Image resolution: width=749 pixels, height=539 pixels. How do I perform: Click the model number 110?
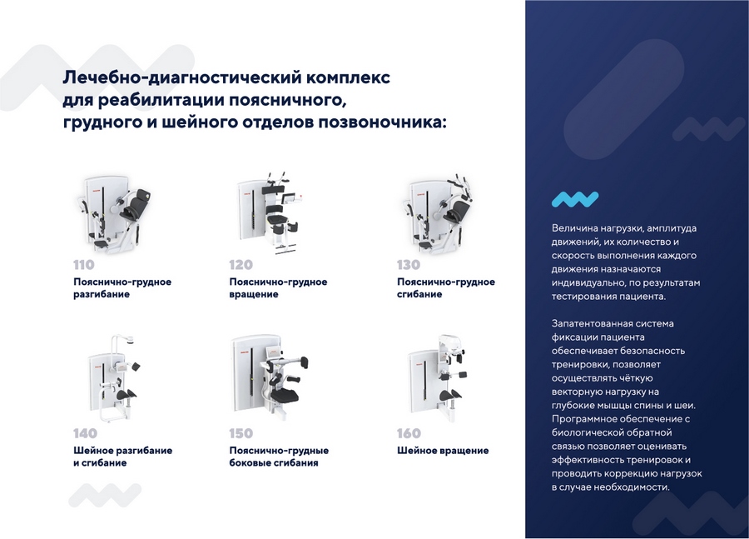[x=84, y=265]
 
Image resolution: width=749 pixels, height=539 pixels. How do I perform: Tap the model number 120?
[x=241, y=265]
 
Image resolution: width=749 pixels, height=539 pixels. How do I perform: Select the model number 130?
[x=409, y=265]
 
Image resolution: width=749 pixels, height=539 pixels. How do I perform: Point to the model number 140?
[x=85, y=433]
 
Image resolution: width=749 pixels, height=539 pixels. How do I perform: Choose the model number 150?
[x=241, y=433]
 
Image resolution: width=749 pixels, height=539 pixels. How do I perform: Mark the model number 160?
[x=409, y=433]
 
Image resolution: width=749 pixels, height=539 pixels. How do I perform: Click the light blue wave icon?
[x=575, y=198]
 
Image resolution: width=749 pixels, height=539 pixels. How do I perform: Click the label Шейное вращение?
[x=443, y=451]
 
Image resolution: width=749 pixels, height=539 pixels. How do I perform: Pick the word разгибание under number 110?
[x=102, y=295]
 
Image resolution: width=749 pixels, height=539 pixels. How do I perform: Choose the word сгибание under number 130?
[x=419, y=295]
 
